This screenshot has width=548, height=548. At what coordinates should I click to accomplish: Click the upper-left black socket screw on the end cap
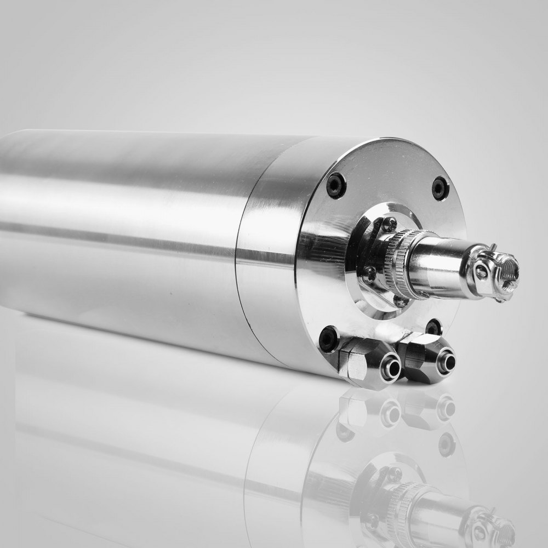coord(336,185)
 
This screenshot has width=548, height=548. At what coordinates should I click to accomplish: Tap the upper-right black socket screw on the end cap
coord(440,188)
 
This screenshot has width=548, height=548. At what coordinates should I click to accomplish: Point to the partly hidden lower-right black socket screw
coord(433,327)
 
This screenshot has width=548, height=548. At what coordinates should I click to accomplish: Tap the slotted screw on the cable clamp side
coord(480,272)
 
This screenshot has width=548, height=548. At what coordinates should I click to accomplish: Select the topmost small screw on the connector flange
coord(389,222)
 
